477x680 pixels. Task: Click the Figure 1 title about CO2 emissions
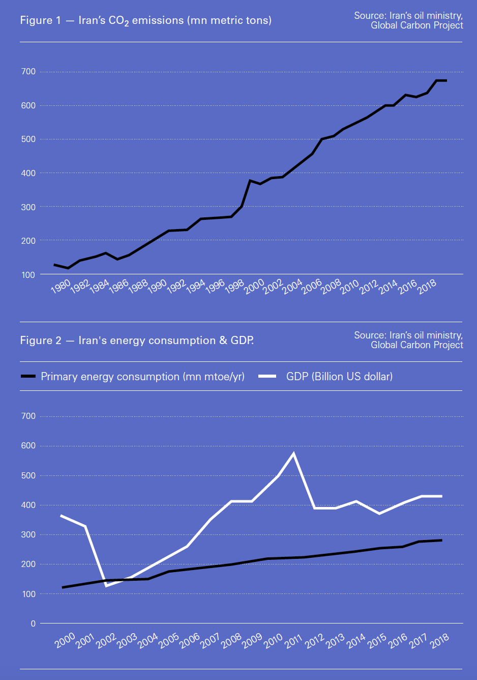tap(145, 20)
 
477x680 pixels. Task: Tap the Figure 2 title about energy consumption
tap(137, 340)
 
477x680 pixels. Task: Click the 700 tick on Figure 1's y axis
tap(28, 72)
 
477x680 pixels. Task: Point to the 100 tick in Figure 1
tap(28, 275)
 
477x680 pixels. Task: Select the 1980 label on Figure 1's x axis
tap(61, 287)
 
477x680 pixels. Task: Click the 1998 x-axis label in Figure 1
tap(234, 287)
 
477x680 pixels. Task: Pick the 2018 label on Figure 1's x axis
tap(427, 287)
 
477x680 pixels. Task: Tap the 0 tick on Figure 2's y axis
tap(33, 624)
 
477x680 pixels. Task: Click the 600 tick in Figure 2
tap(28, 446)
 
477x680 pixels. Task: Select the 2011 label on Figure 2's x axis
tap(293, 641)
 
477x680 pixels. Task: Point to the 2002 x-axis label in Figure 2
tap(106, 641)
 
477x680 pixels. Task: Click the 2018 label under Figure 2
tap(439, 641)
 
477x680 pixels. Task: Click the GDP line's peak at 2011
tap(293, 454)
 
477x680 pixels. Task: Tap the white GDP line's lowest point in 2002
tap(106, 586)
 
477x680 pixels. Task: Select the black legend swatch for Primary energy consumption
tap(28, 376)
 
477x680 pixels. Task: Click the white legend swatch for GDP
tap(267, 376)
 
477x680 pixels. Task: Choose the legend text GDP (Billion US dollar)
tap(339, 376)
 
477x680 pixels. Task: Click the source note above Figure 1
tap(408, 20)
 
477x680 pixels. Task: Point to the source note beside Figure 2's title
tap(408, 340)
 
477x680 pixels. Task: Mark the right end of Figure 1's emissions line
tap(446, 80)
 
